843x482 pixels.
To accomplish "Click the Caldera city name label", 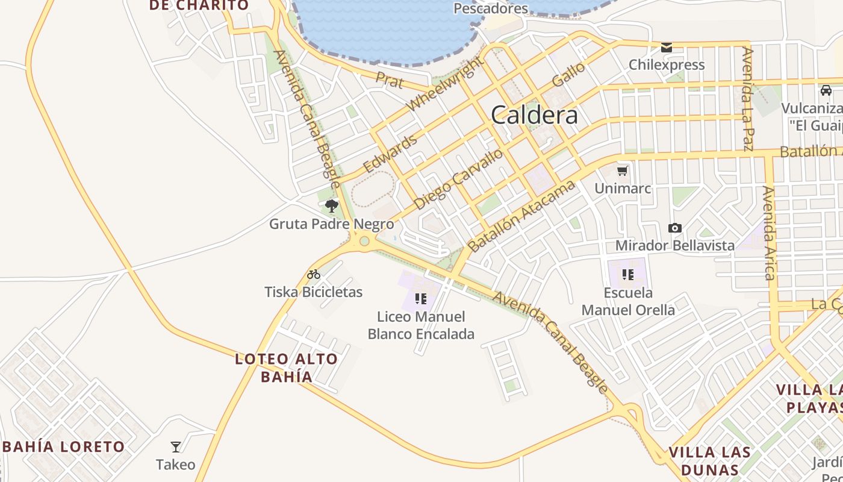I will coord(534,114).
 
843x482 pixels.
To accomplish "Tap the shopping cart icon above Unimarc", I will coord(623,171).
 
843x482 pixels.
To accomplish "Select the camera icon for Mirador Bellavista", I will coord(675,228).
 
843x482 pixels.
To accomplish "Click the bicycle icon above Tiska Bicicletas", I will coord(313,275).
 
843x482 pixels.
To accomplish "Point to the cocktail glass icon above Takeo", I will coord(176,447).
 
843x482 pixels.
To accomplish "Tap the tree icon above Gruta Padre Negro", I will coord(331,206).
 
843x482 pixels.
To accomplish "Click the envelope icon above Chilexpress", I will coord(667,48).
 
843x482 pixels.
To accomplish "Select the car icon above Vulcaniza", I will coord(826,90).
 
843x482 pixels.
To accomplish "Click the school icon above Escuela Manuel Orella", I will coord(628,275).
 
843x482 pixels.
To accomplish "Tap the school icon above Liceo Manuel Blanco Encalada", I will coord(421,298).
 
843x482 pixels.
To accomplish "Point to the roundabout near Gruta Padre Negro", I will coord(364,242).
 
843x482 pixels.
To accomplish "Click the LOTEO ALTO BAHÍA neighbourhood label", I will coord(287,368).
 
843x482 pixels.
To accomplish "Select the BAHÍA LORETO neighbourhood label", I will coord(64,447).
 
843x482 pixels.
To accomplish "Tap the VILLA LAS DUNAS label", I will coord(709,461).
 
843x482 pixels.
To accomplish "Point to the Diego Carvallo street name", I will coord(459,179).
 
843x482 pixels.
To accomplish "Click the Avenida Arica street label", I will coord(769,233).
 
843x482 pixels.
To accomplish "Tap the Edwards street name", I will coord(390,154).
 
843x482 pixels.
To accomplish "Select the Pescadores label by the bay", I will coord(490,8).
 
